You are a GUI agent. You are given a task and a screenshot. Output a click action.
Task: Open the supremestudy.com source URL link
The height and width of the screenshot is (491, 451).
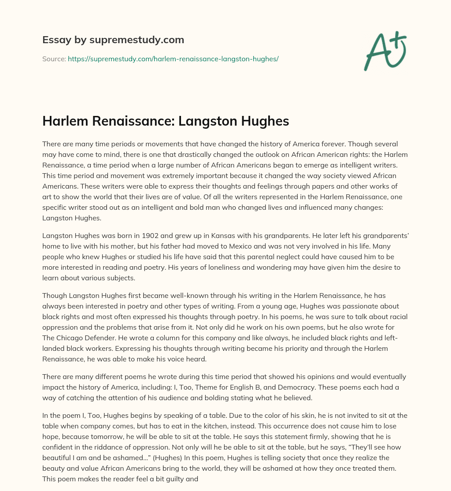pos(173,59)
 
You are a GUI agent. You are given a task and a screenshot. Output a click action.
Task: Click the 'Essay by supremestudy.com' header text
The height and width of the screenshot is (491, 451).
pos(113,40)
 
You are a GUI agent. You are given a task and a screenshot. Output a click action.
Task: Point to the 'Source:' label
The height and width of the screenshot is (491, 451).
pos(54,59)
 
